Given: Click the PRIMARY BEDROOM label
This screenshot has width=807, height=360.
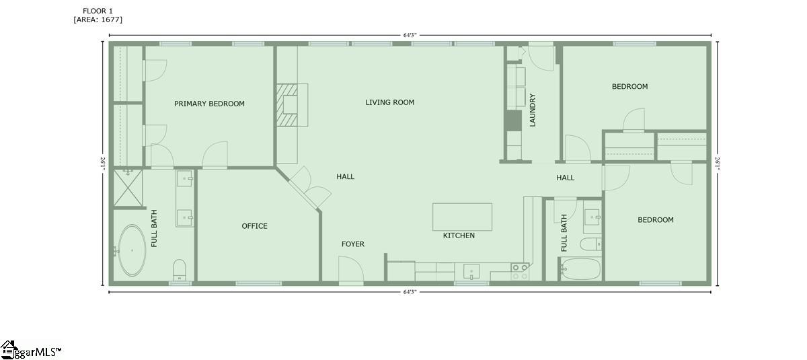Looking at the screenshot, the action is coord(209,104).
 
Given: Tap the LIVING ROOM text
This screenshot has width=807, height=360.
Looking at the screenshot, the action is coord(390,102).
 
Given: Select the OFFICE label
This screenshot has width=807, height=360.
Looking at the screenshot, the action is coord(254,226).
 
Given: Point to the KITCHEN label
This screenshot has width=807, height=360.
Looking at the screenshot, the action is coord(459,236).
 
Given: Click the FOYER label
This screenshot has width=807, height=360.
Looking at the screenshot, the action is coord(352,244).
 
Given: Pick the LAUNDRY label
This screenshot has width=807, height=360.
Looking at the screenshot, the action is coord(533,110).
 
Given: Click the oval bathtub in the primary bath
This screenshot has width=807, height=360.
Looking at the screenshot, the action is coord(132,250).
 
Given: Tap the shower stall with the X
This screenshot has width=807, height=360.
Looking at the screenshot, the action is coord(128,188).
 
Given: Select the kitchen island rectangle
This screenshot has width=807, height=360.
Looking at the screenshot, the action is coord(462,217).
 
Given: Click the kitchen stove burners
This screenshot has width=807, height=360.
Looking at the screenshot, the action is coord(520,272).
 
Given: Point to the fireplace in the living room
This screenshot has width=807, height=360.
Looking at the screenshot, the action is coord(292,105).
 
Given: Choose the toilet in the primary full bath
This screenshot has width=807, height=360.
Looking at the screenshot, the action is coord(180,270).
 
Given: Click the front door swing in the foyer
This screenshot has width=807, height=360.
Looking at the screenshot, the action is coord(351,269).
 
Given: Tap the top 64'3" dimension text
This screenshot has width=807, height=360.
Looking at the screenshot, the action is coord(410,35).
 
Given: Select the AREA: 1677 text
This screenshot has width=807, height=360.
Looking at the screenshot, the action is coord(98,20).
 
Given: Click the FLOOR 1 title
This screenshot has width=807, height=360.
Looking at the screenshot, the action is coord(98,11).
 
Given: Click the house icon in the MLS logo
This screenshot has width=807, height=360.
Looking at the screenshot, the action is coord(9,349).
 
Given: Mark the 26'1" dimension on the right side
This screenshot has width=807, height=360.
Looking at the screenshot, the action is coord(718,164).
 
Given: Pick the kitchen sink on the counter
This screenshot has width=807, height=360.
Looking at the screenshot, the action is coord(471,272).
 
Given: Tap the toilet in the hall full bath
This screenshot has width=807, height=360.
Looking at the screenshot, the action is coord(591,244).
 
